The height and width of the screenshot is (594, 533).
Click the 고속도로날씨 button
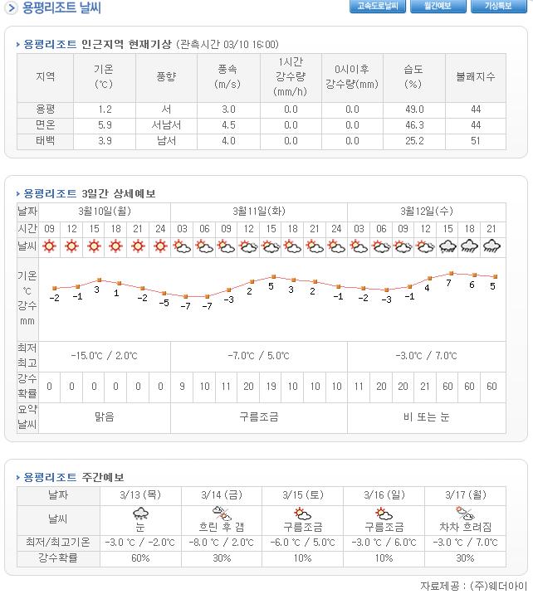pos(378,7)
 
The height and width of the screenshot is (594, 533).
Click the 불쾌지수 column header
pos(476,77)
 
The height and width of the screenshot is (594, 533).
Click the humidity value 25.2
pos(413,141)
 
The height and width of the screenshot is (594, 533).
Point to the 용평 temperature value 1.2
pos(105,110)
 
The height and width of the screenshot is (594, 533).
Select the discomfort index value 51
pos(476,141)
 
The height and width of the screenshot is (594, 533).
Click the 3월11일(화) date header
pos(258,211)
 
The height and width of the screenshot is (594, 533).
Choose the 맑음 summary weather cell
pos(104,416)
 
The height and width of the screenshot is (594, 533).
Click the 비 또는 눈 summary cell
pos(425,416)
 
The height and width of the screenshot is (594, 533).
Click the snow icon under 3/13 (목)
pos(140,513)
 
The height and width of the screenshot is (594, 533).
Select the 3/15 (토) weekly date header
pos(302,494)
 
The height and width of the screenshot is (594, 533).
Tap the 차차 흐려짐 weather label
pos(465,527)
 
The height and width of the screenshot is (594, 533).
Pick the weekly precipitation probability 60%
pos(140,558)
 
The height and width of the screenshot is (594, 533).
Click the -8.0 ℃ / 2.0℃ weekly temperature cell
pos(222,543)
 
